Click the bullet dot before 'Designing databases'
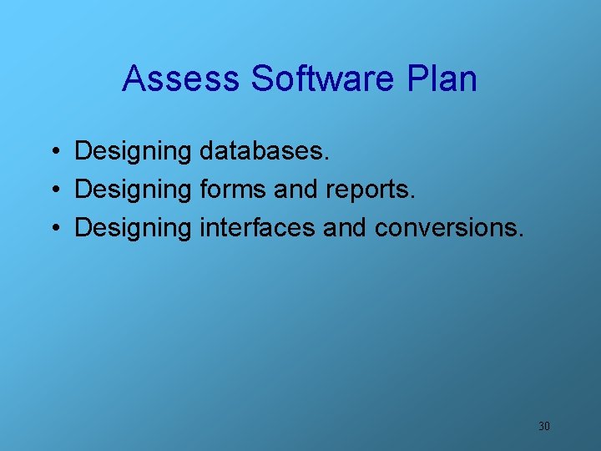53,151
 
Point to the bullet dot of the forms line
53,190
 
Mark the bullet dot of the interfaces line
53,228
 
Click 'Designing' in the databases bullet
133,151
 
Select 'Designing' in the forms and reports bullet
133,190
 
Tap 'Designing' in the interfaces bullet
133,228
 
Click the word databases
265,151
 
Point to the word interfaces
257,228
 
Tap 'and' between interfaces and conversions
345,228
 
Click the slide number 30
543,427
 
